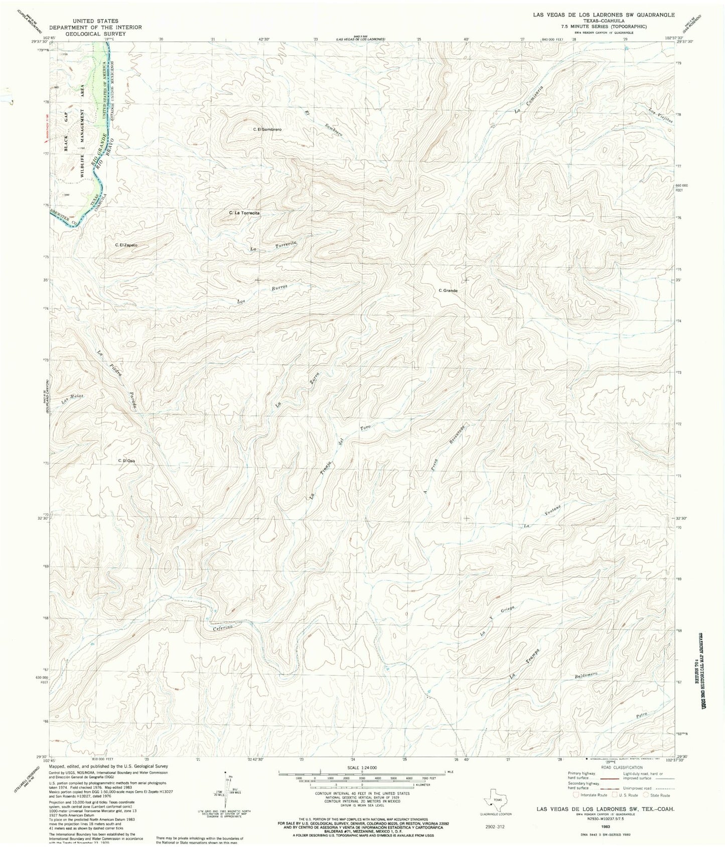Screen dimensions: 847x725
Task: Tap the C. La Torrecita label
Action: coord(244,213)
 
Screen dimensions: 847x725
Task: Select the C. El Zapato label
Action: coord(126,245)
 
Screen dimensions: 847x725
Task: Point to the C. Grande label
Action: coord(448,290)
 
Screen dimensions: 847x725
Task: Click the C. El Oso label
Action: coord(126,461)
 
